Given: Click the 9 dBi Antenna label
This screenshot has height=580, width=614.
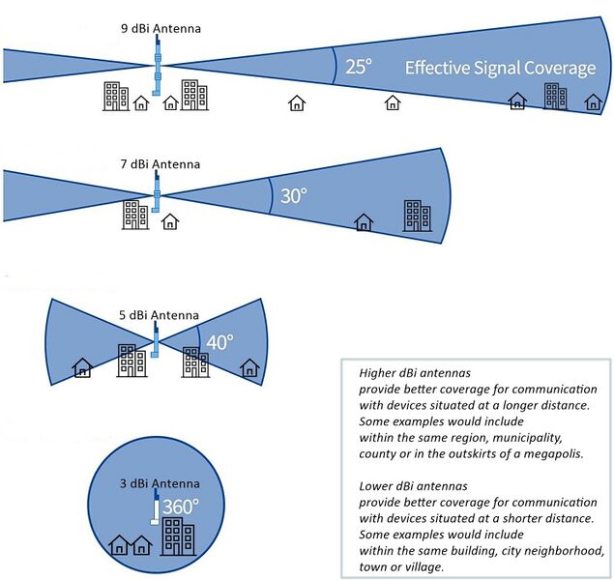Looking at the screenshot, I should (x=161, y=29).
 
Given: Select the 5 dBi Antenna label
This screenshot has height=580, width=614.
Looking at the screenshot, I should (x=159, y=315).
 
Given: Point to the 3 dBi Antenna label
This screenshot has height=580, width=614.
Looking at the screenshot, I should (x=159, y=483).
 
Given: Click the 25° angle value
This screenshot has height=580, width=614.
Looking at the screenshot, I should (x=359, y=67).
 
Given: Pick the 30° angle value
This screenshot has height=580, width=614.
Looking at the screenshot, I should (x=293, y=195).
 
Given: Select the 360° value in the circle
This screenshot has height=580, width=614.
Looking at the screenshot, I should (x=179, y=506).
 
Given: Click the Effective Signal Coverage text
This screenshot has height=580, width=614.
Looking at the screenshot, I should (x=500, y=68).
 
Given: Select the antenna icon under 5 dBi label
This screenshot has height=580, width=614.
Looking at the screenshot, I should (x=153, y=343).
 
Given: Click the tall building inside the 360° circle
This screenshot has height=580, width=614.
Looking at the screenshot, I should (x=176, y=538).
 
